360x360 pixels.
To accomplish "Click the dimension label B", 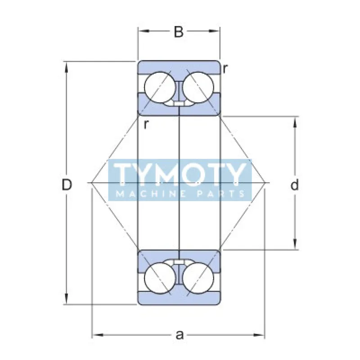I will coord(179,32).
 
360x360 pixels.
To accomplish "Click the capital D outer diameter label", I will coord(67,185).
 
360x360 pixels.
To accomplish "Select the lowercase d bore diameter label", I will coord(295,185).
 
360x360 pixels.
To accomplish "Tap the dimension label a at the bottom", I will coord(180,335).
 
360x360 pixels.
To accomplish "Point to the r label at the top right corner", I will coord(225,68).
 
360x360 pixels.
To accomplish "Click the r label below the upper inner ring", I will coord(146,125).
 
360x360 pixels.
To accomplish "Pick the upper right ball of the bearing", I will coord(198,87).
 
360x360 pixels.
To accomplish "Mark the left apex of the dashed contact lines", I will coord(91,183).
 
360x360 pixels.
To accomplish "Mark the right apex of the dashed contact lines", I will coord(268,183).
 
